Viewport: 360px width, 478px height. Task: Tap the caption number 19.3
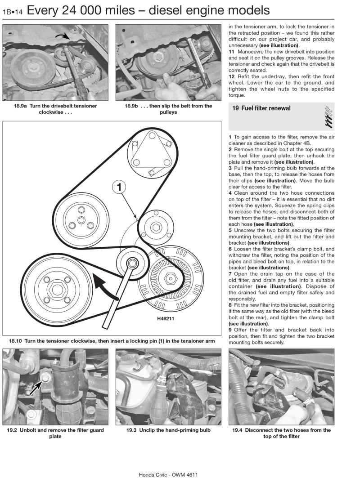134,430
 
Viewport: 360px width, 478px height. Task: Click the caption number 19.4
239,430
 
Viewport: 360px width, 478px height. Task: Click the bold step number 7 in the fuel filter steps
230,274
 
